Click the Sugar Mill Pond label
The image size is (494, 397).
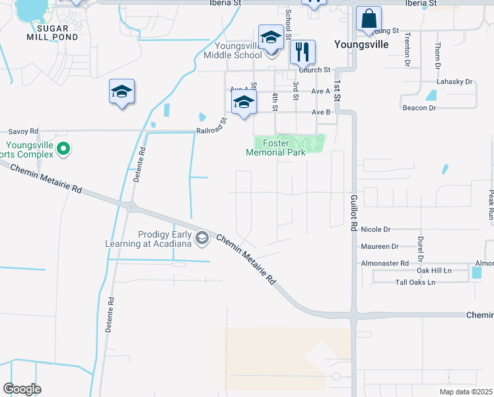pyautogui.click(x=48, y=33)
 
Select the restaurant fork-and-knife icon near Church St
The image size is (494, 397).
pyautogui.click(x=302, y=52)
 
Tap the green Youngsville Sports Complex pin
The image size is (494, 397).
pyautogui.click(x=63, y=150)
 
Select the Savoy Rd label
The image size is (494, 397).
pyautogui.click(x=23, y=131)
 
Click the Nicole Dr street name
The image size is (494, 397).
pyautogui.click(x=376, y=230)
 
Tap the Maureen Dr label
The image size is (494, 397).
pyautogui.click(x=380, y=246)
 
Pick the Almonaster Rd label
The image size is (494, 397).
pyautogui.click(x=385, y=263)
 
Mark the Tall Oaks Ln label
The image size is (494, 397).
pyautogui.click(x=415, y=283)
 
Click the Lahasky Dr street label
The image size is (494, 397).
pyautogui.click(x=454, y=82)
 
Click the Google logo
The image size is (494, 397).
pyautogui.click(x=22, y=389)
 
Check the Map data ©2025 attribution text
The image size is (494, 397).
pyautogui.click(x=465, y=392)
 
